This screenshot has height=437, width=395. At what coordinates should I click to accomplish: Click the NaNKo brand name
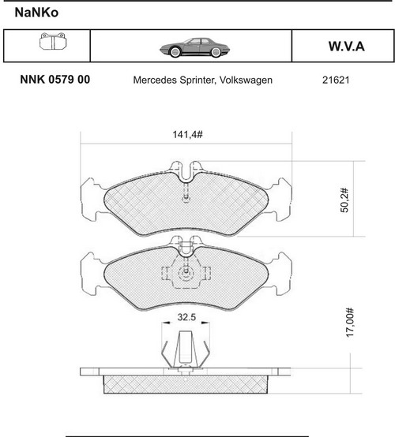pos(36,13)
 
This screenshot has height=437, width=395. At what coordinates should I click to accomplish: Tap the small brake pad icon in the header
pos(53,42)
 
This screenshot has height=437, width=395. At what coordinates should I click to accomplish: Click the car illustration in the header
pos(194,47)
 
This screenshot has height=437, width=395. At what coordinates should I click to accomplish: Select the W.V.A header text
pos(347,47)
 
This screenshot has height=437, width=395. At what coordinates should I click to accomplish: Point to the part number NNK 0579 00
pos(55,80)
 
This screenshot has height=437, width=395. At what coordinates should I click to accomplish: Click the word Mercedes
pos(155,80)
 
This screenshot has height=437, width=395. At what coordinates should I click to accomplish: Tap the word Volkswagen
pos(246,80)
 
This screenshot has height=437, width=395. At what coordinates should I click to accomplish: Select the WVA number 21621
pos(336,80)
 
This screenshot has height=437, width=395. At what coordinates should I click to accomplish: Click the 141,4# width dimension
pos(187,135)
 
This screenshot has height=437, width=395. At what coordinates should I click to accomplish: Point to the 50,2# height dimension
pos(344,200)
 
